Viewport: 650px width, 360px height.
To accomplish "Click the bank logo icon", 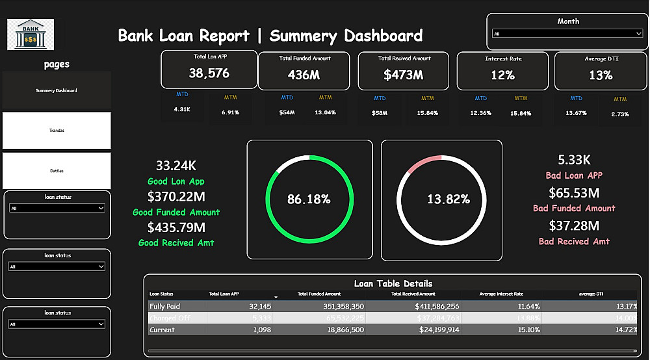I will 31,34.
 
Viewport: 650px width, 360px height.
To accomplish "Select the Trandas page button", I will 57,131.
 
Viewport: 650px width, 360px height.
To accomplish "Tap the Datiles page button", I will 57,171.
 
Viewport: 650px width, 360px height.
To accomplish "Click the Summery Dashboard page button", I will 57,90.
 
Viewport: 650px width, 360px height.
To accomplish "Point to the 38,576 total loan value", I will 209,73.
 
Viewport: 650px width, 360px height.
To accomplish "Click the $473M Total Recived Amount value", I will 403,75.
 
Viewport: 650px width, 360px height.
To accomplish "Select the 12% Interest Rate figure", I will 502,75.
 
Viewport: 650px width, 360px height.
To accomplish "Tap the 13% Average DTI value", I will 601,75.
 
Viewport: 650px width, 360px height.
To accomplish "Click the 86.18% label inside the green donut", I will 309,199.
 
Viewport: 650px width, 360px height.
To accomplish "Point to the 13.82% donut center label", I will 448,199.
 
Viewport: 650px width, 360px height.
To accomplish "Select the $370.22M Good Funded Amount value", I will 176,196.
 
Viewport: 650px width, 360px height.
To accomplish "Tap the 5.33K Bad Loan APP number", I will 574,160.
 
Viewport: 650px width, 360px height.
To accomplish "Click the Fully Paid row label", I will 165,306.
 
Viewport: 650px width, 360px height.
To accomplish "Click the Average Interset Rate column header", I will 501,294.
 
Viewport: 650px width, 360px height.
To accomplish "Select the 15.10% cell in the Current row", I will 527,329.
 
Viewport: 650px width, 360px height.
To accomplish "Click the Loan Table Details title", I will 393,283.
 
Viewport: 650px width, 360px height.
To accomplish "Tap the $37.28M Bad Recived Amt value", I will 574,225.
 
